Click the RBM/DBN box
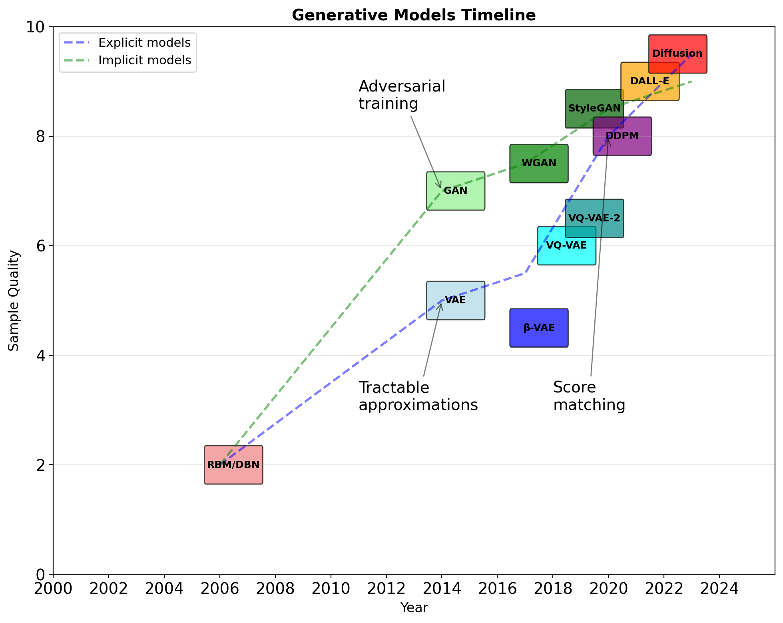tap(233, 465)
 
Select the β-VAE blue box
tap(539, 328)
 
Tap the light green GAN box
tap(455, 191)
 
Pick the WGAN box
tap(539, 163)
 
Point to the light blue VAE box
tap(455, 301)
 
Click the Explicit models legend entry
tap(144, 43)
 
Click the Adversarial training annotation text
tap(402, 95)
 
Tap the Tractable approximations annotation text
tap(418, 396)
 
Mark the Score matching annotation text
tap(589, 396)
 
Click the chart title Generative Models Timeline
tap(414, 15)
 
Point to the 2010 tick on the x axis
tap(331, 589)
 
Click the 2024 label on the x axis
tap(719, 589)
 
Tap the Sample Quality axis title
tap(14, 301)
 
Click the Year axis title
tap(414, 608)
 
